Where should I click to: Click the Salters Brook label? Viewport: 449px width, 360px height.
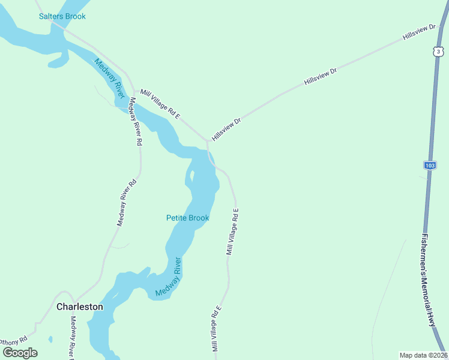point(62,16)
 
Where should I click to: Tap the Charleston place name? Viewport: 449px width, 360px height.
point(80,307)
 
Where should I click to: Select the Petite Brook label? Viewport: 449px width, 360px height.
point(187,218)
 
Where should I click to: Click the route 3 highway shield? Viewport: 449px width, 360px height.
point(439,52)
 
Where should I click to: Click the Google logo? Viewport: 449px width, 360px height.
point(19,353)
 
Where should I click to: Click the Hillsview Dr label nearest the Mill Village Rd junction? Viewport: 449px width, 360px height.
point(226,129)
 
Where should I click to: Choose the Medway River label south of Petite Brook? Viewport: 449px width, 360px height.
point(168,277)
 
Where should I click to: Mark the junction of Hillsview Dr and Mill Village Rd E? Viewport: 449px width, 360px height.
point(208,142)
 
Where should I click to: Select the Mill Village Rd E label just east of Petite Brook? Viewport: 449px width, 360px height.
point(233,232)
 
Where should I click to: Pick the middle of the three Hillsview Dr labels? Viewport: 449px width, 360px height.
point(321,76)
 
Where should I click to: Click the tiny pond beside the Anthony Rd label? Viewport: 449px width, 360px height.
point(50,340)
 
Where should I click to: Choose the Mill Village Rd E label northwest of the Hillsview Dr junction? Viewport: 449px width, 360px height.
point(160,103)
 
